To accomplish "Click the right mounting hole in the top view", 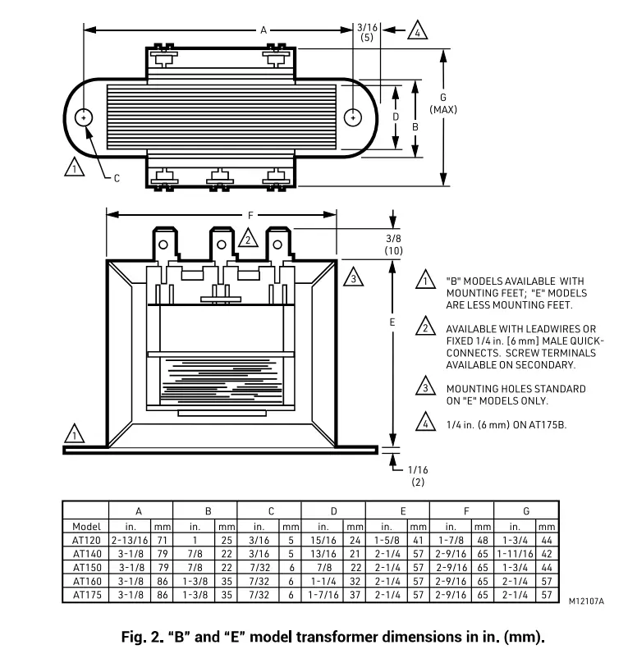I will [352, 118].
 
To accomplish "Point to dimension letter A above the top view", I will [264, 30].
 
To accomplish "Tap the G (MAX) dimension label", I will [443, 103].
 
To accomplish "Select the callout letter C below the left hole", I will [116, 178].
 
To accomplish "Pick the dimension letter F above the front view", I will [250, 215].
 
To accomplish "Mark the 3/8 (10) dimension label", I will [394, 244].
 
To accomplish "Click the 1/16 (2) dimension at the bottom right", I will [418, 475].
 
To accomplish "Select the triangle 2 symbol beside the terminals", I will [247, 239].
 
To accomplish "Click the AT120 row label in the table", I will [86, 541].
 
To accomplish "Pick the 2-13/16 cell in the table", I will [130, 541].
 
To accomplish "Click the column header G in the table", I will [525, 511].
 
